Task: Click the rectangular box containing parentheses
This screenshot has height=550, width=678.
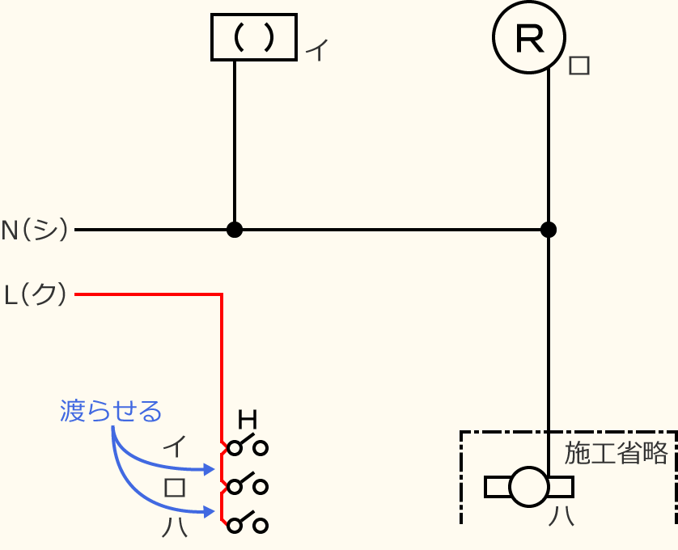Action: pyautogui.click(x=253, y=37)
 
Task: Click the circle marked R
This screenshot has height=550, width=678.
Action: pyautogui.click(x=530, y=38)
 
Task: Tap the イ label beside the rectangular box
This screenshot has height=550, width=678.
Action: pyautogui.click(x=317, y=51)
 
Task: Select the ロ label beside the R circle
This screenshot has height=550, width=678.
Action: pyautogui.click(x=579, y=65)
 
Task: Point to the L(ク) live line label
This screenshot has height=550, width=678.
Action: pyautogui.click(x=36, y=295)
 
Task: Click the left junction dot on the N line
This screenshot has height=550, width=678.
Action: pyautogui.click(x=235, y=230)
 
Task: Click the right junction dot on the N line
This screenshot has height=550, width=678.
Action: pyautogui.click(x=549, y=230)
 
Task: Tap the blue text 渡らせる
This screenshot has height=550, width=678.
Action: pyautogui.click(x=111, y=411)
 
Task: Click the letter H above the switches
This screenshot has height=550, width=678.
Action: pyautogui.click(x=248, y=420)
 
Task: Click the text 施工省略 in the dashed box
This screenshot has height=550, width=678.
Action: pyautogui.click(x=617, y=453)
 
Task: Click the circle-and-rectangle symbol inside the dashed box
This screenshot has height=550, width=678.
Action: pyautogui.click(x=529, y=487)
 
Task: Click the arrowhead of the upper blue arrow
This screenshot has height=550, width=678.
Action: pyautogui.click(x=210, y=468)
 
